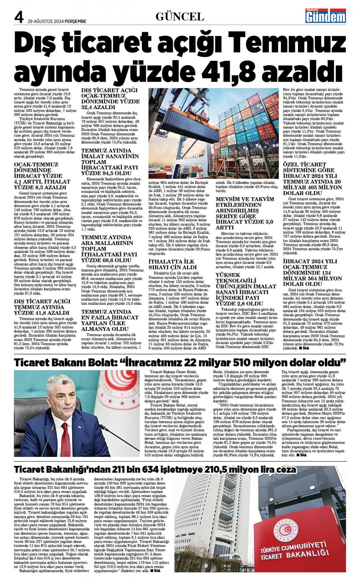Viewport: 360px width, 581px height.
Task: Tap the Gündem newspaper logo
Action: (325, 16)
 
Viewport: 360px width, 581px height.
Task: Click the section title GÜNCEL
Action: (180, 17)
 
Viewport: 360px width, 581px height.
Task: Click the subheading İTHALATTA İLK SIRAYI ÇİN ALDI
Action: (173, 264)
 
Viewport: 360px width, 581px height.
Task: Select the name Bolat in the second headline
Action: (98, 362)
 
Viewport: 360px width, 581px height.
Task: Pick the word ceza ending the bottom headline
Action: (286, 469)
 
